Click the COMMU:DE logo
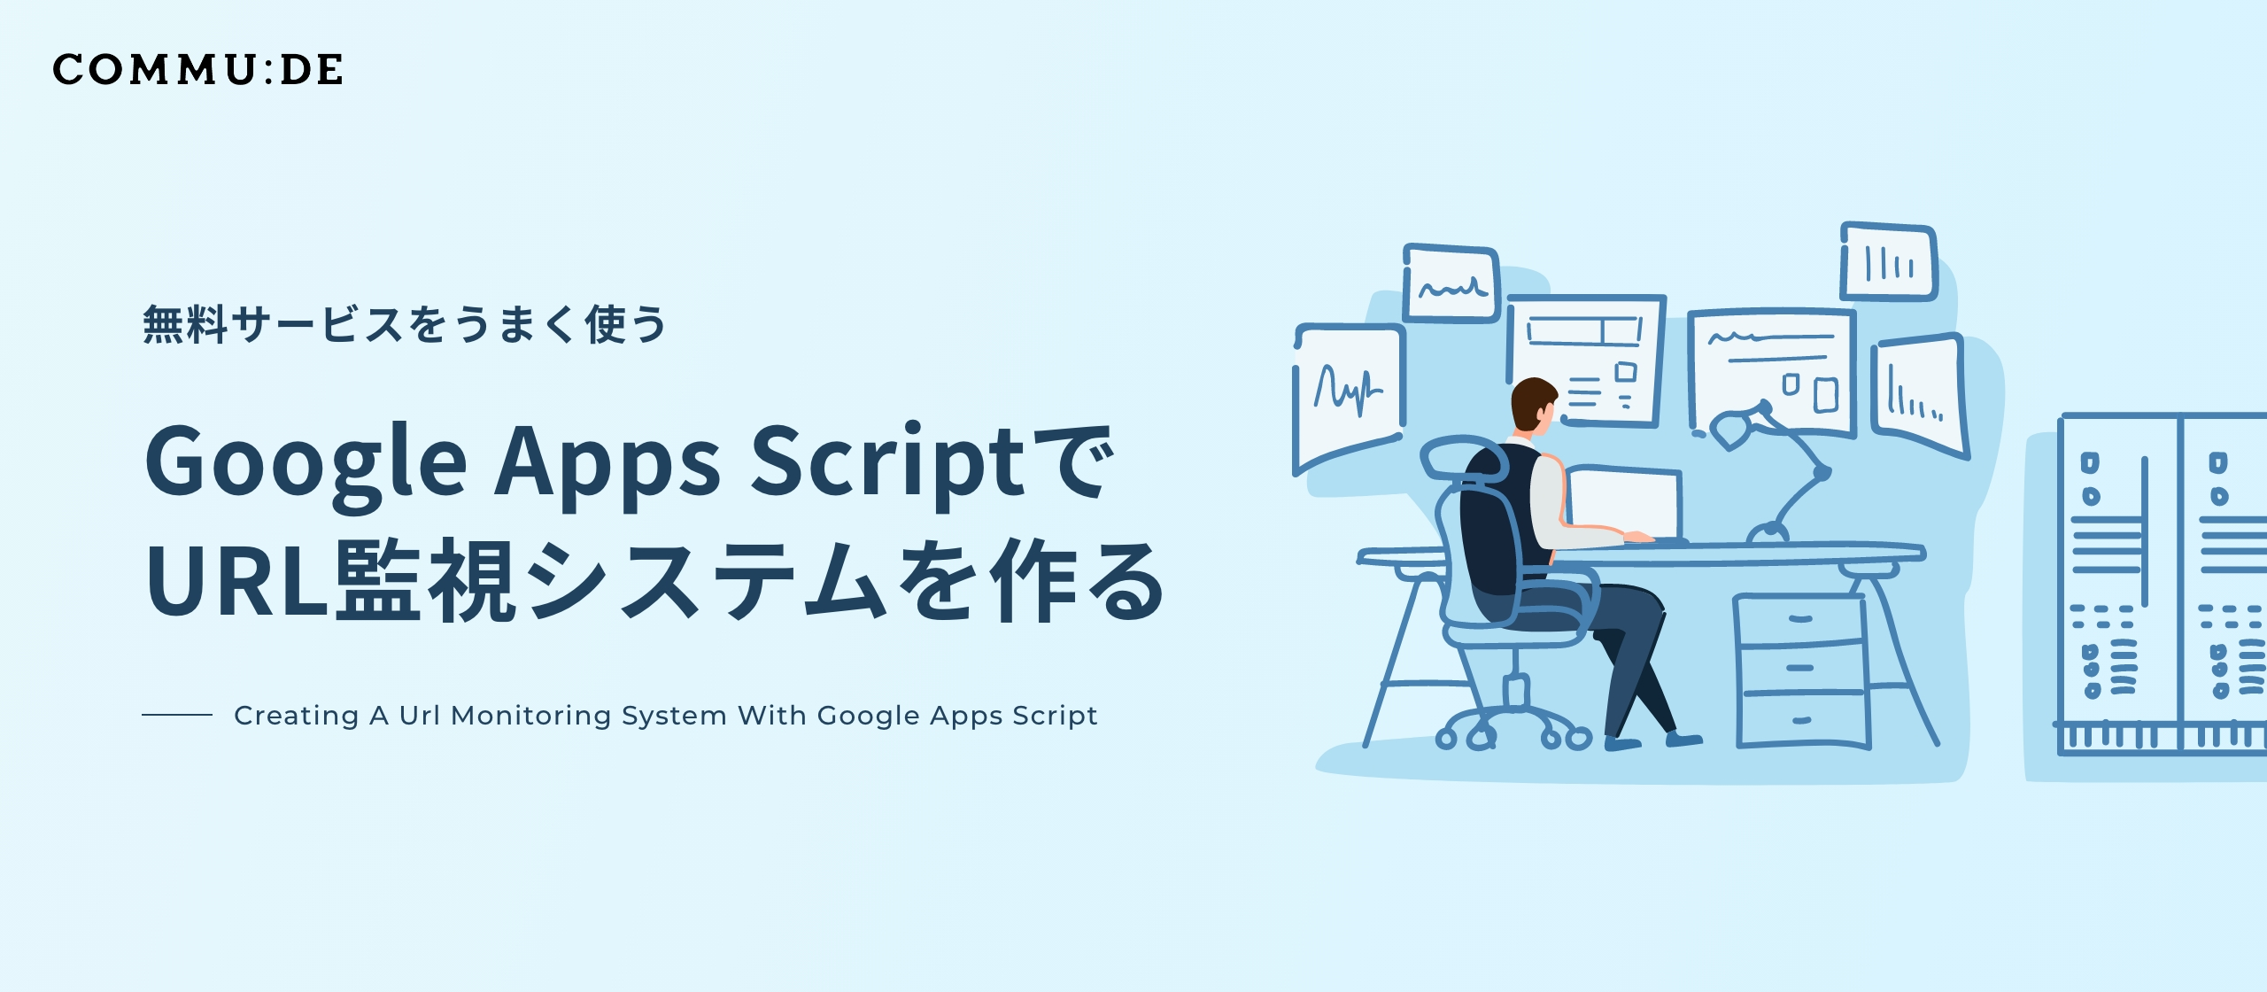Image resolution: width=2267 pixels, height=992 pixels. click(x=197, y=70)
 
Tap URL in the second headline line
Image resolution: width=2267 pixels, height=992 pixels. click(x=237, y=581)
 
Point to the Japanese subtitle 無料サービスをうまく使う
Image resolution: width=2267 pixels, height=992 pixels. click(x=404, y=324)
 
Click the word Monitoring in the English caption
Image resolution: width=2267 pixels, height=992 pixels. click(x=530, y=716)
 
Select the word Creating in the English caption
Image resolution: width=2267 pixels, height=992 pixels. click(x=296, y=716)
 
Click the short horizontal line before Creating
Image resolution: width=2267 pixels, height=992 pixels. click(x=177, y=715)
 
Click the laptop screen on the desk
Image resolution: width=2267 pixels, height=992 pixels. click(x=1623, y=503)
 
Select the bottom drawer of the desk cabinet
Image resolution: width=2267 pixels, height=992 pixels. click(x=1801, y=719)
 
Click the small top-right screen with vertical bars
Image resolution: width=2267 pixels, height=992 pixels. click(x=1889, y=262)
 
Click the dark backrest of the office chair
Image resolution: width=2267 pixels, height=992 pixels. click(x=1493, y=531)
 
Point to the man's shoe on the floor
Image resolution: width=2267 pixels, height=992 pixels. click(x=1683, y=739)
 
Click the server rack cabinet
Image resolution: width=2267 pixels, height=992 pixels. click(x=2161, y=585)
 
